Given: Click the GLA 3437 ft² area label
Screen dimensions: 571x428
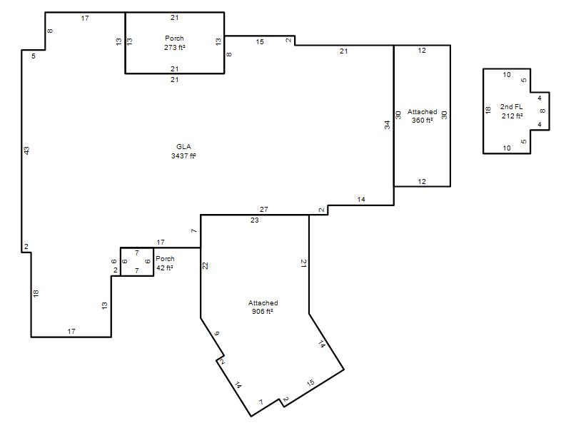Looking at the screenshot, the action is click(x=183, y=151).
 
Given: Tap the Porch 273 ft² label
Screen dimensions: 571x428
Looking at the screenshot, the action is click(x=174, y=43).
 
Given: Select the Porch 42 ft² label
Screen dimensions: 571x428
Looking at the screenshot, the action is click(x=165, y=263).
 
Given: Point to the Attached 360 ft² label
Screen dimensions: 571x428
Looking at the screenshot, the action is click(x=422, y=116).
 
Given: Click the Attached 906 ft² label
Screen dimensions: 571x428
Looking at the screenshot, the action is click(x=263, y=307).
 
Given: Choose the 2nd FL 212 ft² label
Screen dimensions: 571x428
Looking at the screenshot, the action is click(x=512, y=111).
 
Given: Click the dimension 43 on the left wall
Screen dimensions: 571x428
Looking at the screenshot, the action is click(x=26, y=151).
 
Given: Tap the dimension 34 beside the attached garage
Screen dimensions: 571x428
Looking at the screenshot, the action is click(x=387, y=125).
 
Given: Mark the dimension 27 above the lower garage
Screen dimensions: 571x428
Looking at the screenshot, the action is click(x=263, y=209).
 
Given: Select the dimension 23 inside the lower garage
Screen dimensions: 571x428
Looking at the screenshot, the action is click(x=255, y=220).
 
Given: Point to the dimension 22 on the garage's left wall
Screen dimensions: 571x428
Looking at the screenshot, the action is click(x=205, y=265).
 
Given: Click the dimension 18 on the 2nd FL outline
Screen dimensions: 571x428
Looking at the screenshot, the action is click(x=488, y=110).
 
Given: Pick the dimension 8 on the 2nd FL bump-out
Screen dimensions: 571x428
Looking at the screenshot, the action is click(x=542, y=111).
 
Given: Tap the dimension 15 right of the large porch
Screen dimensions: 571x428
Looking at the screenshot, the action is click(x=260, y=42).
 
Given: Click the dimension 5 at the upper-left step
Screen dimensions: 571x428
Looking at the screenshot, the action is click(x=34, y=56).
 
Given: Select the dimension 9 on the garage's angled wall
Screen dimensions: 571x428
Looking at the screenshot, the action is click(x=217, y=333).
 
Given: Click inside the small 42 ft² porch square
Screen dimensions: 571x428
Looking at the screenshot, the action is click(x=137, y=262).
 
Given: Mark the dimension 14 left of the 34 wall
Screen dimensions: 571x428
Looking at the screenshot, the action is click(x=361, y=199).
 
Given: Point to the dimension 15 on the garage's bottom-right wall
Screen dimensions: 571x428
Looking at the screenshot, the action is click(x=310, y=383).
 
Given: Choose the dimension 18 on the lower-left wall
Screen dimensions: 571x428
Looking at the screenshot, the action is click(x=35, y=293).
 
